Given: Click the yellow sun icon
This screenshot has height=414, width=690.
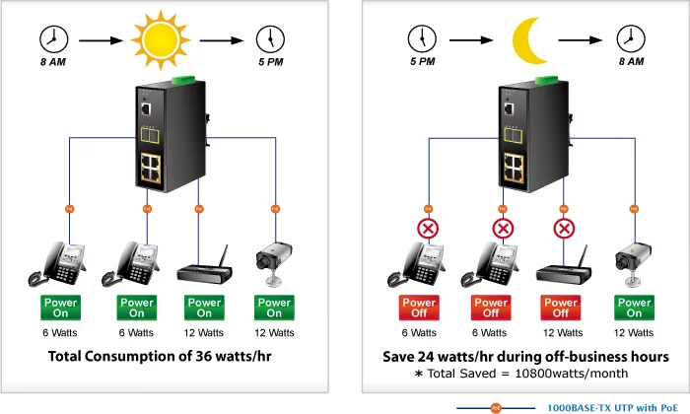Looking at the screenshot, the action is (x=161, y=40).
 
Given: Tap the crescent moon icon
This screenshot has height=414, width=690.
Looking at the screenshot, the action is (x=527, y=40).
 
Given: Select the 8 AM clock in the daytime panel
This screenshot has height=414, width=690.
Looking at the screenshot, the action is (x=53, y=39).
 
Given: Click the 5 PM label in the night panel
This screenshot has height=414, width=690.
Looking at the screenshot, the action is (x=423, y=61).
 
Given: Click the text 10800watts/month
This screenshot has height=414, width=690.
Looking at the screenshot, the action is (x=571, y=374).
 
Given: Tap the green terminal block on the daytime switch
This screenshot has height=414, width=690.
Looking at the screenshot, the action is (x=183, y=80).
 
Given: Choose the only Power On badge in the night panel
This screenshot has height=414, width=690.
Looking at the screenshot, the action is (x=634, y=308).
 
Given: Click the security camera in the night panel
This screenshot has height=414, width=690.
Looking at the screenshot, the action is (x=633, y=263).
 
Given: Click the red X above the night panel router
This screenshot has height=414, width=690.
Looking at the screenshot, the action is (x=564, y=229).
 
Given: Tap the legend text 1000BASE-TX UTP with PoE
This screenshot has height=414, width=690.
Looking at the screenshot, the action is (x=612, y=408).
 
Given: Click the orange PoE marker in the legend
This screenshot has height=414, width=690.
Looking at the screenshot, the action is (x=496, y=408).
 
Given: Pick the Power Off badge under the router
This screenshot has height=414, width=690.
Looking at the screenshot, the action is (x=561, y=308).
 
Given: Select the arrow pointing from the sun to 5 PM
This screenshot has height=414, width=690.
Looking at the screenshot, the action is (x=222, y=40).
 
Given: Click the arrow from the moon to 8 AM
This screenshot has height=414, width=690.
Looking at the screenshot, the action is (x=581, y=40).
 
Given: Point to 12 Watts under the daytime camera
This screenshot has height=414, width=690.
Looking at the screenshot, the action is (x=274, y=333).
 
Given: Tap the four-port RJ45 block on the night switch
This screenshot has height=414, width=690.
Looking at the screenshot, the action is (x=514, y=168).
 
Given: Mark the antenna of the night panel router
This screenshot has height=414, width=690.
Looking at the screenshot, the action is (x=584, y=257).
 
